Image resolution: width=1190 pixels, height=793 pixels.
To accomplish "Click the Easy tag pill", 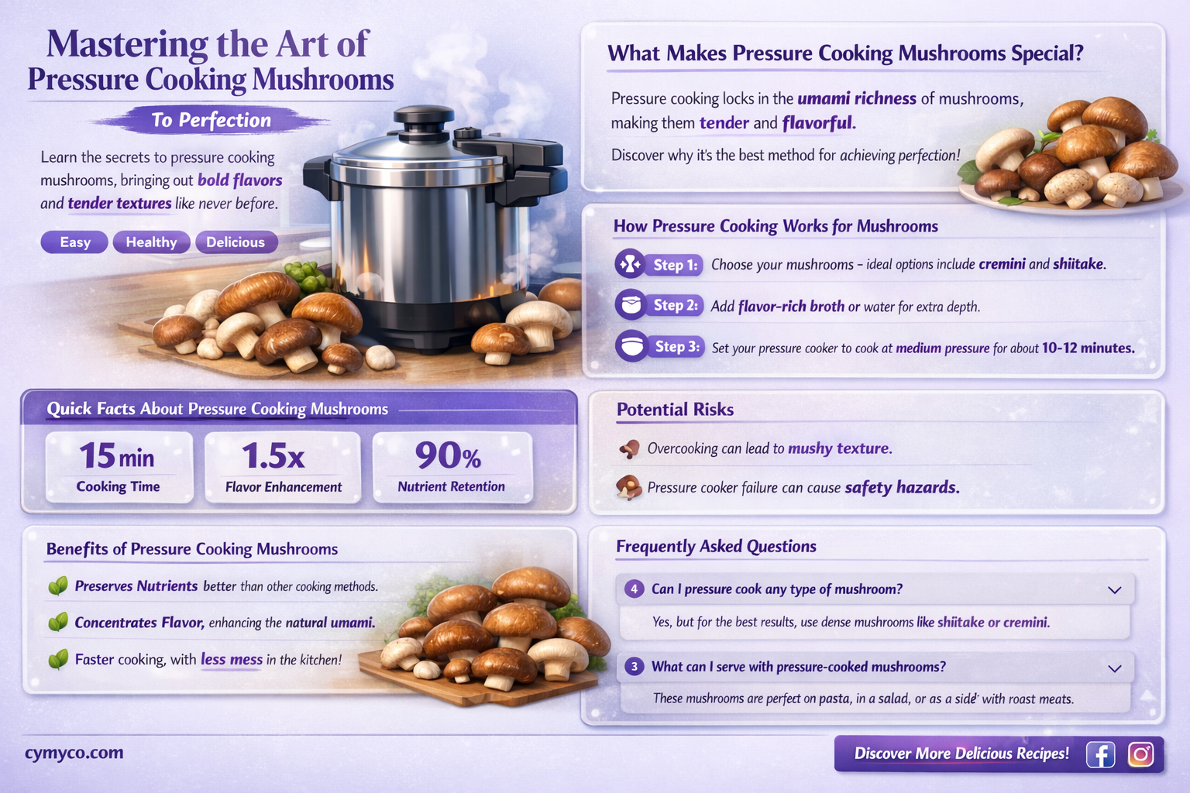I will click(x=75, y=242).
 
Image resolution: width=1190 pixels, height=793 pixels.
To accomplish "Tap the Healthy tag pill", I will click(x=151, y=242).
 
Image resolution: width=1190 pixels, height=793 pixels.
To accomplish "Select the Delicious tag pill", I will click(x=236, y=242).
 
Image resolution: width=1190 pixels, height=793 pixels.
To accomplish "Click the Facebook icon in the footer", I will click(x=1100, y=754).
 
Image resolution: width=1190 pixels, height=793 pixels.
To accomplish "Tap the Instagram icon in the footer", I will click(x=1140, y=754).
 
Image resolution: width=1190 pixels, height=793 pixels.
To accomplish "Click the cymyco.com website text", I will click(x=74, y=753).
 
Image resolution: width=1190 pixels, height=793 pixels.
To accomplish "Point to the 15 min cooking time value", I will click(x=117, y=456).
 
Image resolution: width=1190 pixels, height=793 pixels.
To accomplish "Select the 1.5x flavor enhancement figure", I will click(x=273, y=456).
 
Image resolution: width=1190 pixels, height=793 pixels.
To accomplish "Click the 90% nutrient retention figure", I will click(x=449, y=456).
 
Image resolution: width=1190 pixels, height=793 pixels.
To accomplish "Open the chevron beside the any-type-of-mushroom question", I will click(x=1115, y=590).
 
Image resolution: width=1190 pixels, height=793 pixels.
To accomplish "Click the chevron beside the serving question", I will click(x=1115, y=668).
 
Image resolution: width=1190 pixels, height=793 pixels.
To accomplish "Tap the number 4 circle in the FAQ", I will click(x=635, y=589).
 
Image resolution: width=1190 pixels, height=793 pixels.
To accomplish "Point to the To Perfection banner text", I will click(x=212, y=120).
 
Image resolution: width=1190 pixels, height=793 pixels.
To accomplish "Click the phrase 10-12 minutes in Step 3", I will click(x=1088, y=348).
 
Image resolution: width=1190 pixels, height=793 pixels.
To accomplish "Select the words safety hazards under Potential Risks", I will click(x=902, y=488).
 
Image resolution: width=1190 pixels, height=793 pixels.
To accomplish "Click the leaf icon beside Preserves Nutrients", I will click(x=58, y=586).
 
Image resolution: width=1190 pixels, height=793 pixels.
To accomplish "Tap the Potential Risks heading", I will click(x=675, y=410).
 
